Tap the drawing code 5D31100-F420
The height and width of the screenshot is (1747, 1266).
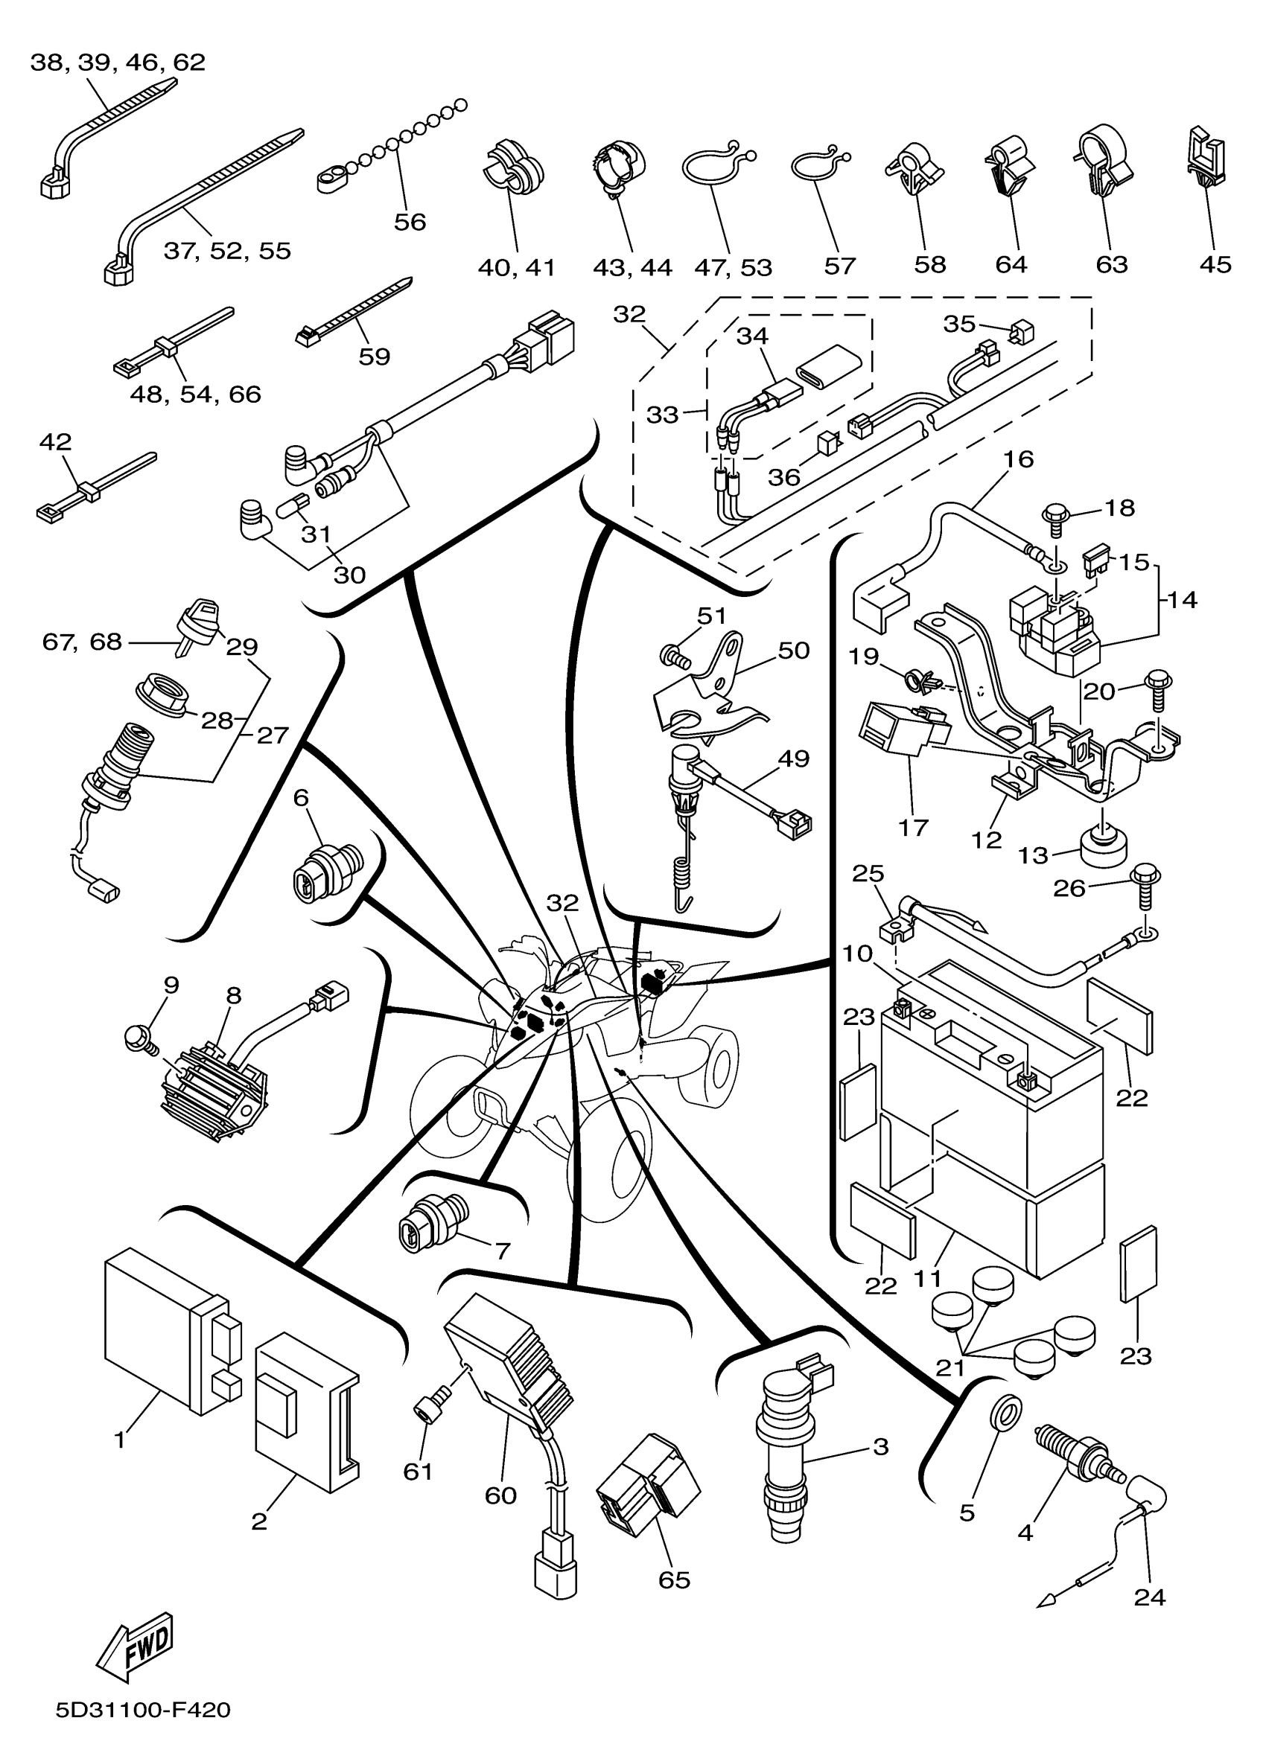point(142,1711)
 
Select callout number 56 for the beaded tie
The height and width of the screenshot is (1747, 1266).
point(409,222)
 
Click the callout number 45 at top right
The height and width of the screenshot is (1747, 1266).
point(1215,264)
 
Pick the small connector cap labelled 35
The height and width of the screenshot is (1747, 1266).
point(1022,332)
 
